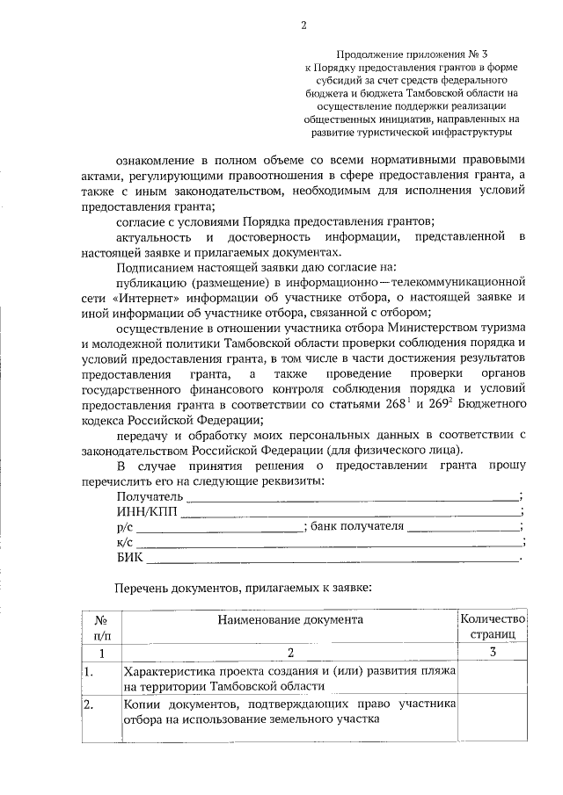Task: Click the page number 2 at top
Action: (x=303, y=25)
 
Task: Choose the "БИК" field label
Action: (x=129, y=557)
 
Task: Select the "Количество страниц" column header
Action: (x=493, y=626)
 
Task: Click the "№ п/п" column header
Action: (x=101, y=626)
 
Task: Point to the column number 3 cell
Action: (x=493, y=652)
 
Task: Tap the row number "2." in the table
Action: (x=89, y=705)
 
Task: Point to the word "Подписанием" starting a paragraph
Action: (x=156, y=266)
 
